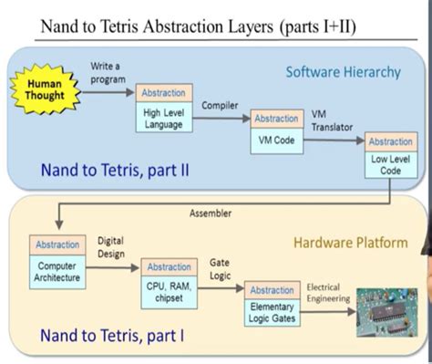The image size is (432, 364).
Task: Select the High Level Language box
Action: pos(163,119)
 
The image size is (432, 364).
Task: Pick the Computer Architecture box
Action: pos(57,271)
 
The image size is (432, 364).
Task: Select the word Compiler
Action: pos(220,106)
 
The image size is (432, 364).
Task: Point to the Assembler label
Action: pos(211,213)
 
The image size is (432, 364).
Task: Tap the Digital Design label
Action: pos(111,248)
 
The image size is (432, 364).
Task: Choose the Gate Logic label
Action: pos(220,268)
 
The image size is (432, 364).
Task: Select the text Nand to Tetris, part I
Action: pos(111,336)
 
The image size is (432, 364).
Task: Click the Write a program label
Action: pos(108,72)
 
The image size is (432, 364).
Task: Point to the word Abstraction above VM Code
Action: pos(276,119)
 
